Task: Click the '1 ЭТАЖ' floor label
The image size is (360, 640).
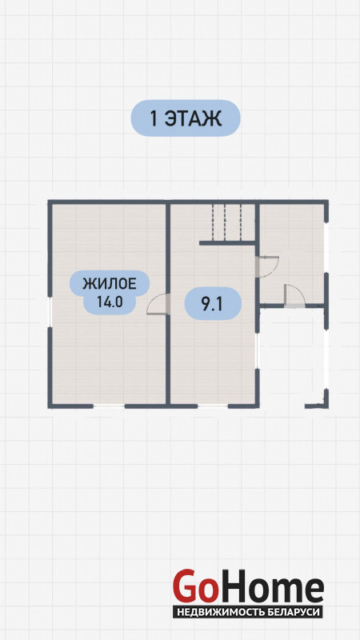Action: pyautogui.click(x=186, y=118)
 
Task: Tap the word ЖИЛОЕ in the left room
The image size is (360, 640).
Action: pyautogui.click(x=110, y=283)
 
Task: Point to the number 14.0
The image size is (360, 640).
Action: pyautogui.click(x=110, y=302)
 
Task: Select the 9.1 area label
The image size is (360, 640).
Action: pyautogui.click(x=213, y=304)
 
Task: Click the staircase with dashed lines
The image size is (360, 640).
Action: pyautogui.click(x=227, y=222)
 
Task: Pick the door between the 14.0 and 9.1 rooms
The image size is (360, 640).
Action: pyautogui.click(x=158, y=304)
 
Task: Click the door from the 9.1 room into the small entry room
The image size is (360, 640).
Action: pyautogui.click(x=267, y=266)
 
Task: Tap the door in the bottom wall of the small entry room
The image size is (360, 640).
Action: pyautogui.click(x=294, y=295)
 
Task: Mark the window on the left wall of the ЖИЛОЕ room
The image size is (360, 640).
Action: pyautogui.click(x=50, y=312)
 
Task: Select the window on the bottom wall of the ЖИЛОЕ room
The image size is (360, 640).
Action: pyautogui.click(x=109, y=406)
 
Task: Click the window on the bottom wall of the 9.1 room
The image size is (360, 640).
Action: pyautogui.click(x=213, y=406)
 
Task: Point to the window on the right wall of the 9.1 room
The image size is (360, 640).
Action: pyautogui.click(x=257, y=351)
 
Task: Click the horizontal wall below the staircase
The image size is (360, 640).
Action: pyautogui.click(x=227, y=243)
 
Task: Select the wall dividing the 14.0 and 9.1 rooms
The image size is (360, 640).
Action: pyautogui.click(x=168, y=303)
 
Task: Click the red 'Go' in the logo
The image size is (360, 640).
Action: pyautogui.click(x=194, y=586)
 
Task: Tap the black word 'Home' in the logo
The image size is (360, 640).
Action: pyautogui.click(x=270, y=586)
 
